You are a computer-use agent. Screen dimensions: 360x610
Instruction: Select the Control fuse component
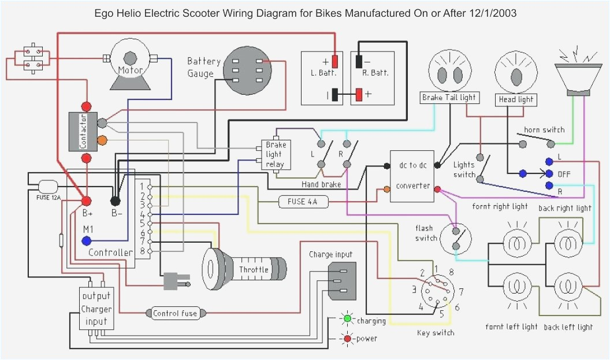(x=175, y=313)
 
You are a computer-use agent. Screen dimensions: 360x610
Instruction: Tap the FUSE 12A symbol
(x=47, y=187)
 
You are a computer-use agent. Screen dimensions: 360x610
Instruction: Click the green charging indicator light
(x=347, y=318)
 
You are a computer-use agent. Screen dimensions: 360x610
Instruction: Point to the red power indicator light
(x=347, y=339)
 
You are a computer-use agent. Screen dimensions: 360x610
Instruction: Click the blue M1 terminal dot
(x=86, y=240)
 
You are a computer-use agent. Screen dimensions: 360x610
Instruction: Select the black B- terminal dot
(x=116, y=201)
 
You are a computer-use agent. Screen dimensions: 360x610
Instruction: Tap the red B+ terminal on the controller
(x=86, y=201)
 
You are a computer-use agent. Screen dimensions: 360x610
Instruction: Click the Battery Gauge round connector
(x=247, y=70)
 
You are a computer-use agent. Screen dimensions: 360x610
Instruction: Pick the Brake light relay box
(x=274, y=154)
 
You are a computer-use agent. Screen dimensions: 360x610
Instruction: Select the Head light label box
(x=516, y=99)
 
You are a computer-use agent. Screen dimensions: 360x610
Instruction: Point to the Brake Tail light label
(x=449, y=98)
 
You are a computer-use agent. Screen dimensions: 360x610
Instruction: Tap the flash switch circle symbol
(x=456, y=237)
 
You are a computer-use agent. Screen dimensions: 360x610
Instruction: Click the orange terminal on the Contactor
(x=102, y=139)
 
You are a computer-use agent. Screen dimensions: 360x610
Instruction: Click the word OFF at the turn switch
(x=564, y=174)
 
